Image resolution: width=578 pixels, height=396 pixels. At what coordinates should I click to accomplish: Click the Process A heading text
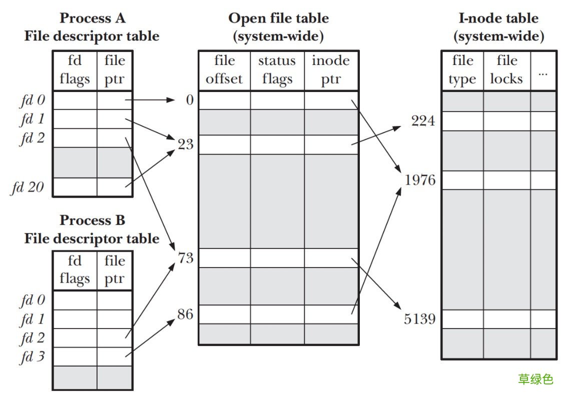coord(92,18)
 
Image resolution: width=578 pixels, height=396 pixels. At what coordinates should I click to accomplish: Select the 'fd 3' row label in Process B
coord(33,357)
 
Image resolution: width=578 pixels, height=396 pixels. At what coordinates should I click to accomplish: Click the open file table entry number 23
coord(186,145)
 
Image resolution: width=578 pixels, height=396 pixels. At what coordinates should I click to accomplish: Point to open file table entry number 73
coord(186,258)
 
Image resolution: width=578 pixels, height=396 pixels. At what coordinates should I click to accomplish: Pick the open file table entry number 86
coord(186,314)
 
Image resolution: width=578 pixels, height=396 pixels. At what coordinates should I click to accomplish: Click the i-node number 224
coord(423,121)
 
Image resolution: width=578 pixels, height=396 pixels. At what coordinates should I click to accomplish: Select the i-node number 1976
coord(420,180)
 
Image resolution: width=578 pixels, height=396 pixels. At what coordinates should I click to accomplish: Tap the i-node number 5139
coord(419,318)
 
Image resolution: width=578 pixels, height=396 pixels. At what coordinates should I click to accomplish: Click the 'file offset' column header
coord(224,70)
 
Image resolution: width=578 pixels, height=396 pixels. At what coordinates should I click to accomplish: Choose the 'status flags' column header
coord(277,70)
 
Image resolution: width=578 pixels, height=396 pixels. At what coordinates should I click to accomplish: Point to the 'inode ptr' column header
coord(331,70)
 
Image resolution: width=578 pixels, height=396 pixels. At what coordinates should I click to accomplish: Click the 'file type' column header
coord(462,70)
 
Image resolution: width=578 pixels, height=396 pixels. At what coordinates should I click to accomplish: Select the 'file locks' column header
coord(506,70)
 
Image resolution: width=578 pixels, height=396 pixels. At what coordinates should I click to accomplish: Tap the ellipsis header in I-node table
coord(543,72)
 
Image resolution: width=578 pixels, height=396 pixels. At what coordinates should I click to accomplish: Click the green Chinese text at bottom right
coord(535,379)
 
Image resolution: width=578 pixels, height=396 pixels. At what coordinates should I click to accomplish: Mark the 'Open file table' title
coord(278,18)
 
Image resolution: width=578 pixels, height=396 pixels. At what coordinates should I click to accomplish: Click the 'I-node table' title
coord(498,18)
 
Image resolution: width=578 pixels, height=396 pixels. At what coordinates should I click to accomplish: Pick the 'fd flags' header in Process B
coord(74,270)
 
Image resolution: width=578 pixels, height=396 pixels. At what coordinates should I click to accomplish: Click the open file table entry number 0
coord(189,100)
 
